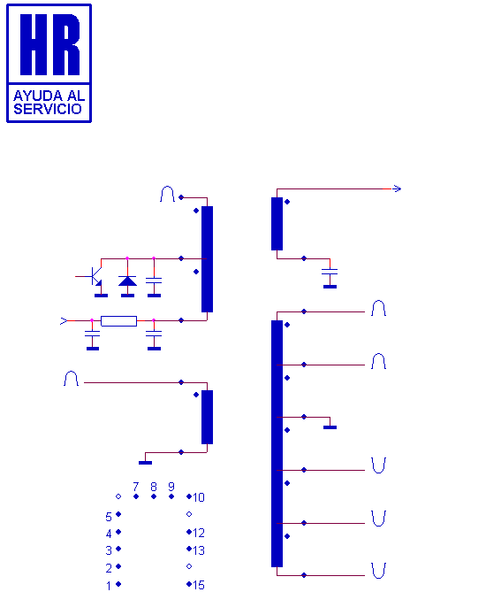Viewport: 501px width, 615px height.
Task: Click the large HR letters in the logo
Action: click(x=49, y=44)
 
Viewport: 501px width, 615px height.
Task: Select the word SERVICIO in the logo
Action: click(x=48, y=109)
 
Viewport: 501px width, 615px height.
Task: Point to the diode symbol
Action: click(x=127, y=281)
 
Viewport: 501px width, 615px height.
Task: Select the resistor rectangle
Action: click(x=118, y=321)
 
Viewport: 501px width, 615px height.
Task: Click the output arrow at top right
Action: click(x=397, y=188)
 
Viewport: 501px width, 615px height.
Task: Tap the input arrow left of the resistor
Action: click(x=64, y=321)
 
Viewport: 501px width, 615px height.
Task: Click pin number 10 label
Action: click(x=199, y=497)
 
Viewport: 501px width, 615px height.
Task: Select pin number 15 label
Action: click(x=199, y=585)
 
